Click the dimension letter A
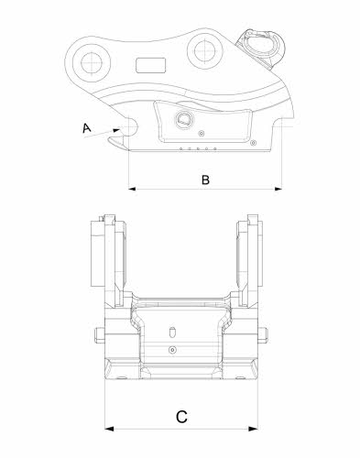tap(87, 128)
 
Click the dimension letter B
tap(205, 180)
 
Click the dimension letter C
tap(181, 417)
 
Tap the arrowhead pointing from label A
tap(116, 130)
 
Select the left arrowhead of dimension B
tap(133, 189)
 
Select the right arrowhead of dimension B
tap(278, 189)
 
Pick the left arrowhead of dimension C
tap(109, 429)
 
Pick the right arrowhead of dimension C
tap(253, 429)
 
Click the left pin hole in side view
tap(92, 63)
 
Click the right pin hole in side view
tap(204, 50)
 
